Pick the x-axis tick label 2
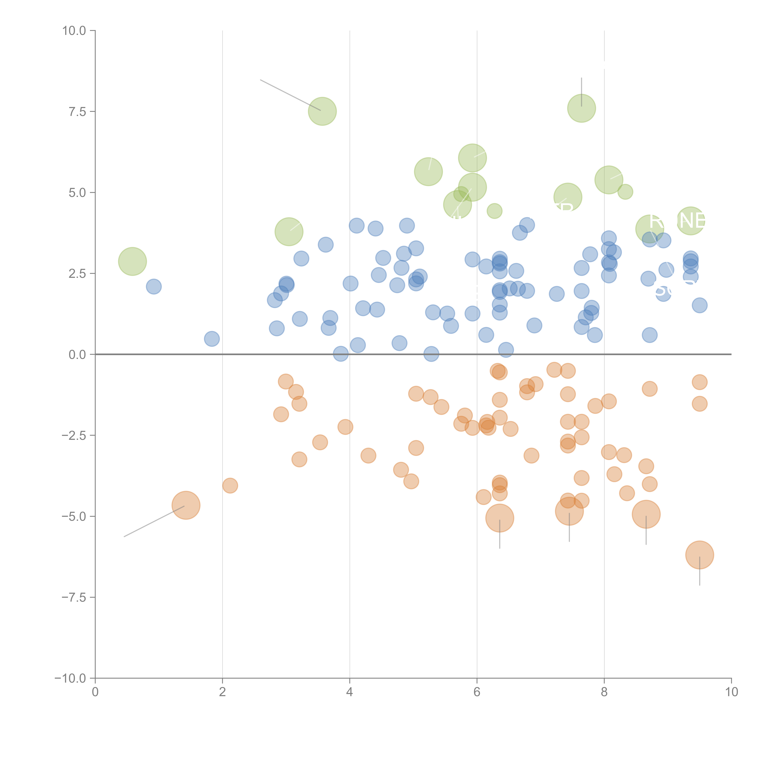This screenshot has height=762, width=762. coord(223,692)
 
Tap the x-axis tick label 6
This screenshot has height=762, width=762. coord(477,692)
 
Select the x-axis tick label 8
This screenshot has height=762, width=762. coord(604,692)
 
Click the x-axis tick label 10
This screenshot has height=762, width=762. coord(731,692)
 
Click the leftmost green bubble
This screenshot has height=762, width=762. coord(133,262)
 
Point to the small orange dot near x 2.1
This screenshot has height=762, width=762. coord(230,486)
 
